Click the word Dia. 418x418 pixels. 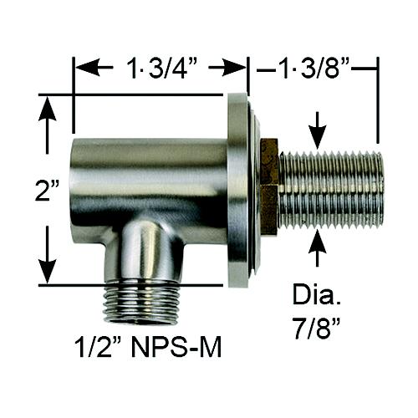click(x=314, y=296)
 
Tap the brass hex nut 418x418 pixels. click(x=268, y=187)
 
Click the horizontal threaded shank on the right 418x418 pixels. click(x=330, y=191)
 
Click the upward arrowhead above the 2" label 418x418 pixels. click(x=48, y=109)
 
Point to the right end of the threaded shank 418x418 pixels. click(x=379, y=191)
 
